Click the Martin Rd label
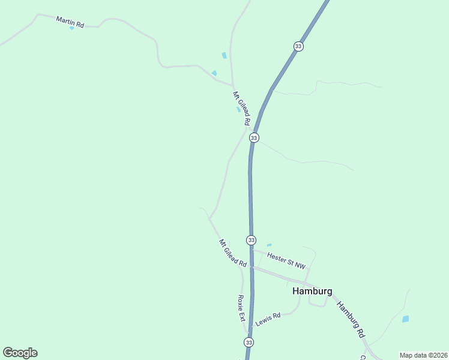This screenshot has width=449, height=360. click(70, 21)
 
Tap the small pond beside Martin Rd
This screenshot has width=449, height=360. click(72, 28)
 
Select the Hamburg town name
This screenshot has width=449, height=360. click(312, 291)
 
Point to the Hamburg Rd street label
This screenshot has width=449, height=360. click(351, 319)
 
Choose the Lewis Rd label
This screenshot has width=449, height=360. click(268, 319)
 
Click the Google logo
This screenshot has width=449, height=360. click(20, 353)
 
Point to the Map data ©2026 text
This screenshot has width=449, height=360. click(423, 355)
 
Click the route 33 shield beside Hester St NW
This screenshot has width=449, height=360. click(251, 240)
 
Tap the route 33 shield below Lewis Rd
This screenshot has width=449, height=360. click(249, 342)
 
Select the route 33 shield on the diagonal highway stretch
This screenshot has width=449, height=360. click(298, 46)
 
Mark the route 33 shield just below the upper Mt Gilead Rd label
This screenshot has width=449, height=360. click(254, 138)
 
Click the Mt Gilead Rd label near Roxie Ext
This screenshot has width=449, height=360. click(233, 253)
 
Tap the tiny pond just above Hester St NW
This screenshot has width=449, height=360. click(269, 245)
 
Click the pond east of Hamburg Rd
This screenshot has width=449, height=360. click(405, 319)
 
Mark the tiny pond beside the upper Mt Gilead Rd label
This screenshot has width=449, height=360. click(238, 110)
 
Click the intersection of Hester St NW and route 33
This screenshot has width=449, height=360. click(252, 250)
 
